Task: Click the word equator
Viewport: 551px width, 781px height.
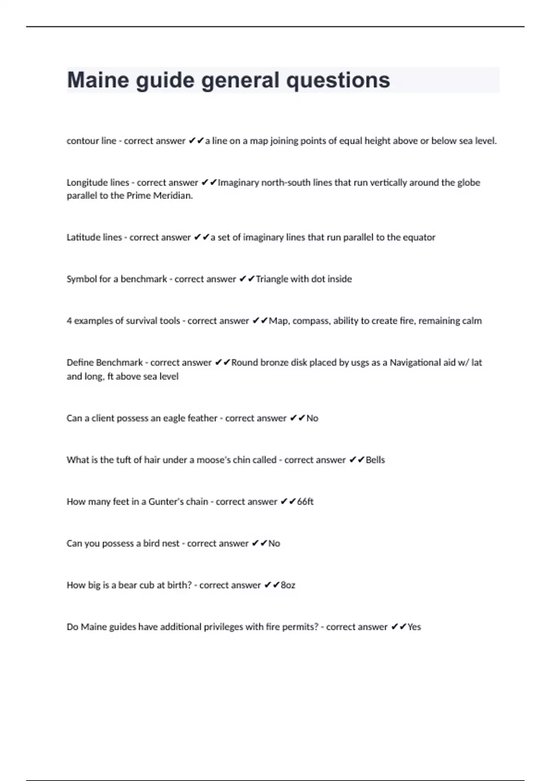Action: tap(419, 238)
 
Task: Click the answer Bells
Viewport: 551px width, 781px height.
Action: tap(375, 460)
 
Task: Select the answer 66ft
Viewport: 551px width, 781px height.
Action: tap(305, 502)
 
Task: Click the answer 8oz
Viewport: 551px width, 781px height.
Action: tap(288, 585)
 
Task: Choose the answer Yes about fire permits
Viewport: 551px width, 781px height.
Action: tap(414, 627)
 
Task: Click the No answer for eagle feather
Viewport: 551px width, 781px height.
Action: tap(312, 418)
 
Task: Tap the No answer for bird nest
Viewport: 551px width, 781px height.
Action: tap(274, 543)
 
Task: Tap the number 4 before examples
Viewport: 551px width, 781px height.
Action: tap(69, 321)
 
